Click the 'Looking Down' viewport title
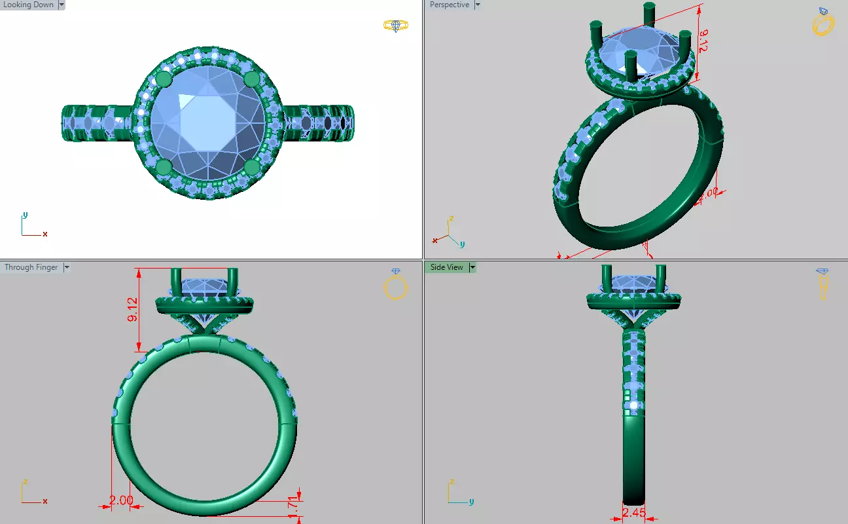tap(28, 5)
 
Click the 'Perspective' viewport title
tap(449, 5)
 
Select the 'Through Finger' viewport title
tap(31, 267)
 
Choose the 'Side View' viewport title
tap(446, 267)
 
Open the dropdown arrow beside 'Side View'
tap(472, 267)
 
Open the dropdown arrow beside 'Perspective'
tap(477, 5)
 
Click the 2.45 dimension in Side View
tap(633, 513)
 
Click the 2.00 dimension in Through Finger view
tap(121, 500)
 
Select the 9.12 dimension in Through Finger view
tap(133, 309)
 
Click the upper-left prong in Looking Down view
tap(164, 79)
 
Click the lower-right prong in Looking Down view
tap(252, 167)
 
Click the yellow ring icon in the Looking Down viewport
tap(395, 26)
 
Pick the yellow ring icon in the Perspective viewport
tap(822, 24)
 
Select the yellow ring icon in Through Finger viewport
tap(395, 286)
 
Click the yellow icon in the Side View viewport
tap(822, 283)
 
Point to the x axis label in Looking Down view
tap(44, 234)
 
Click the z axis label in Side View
tap(451, 483)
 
